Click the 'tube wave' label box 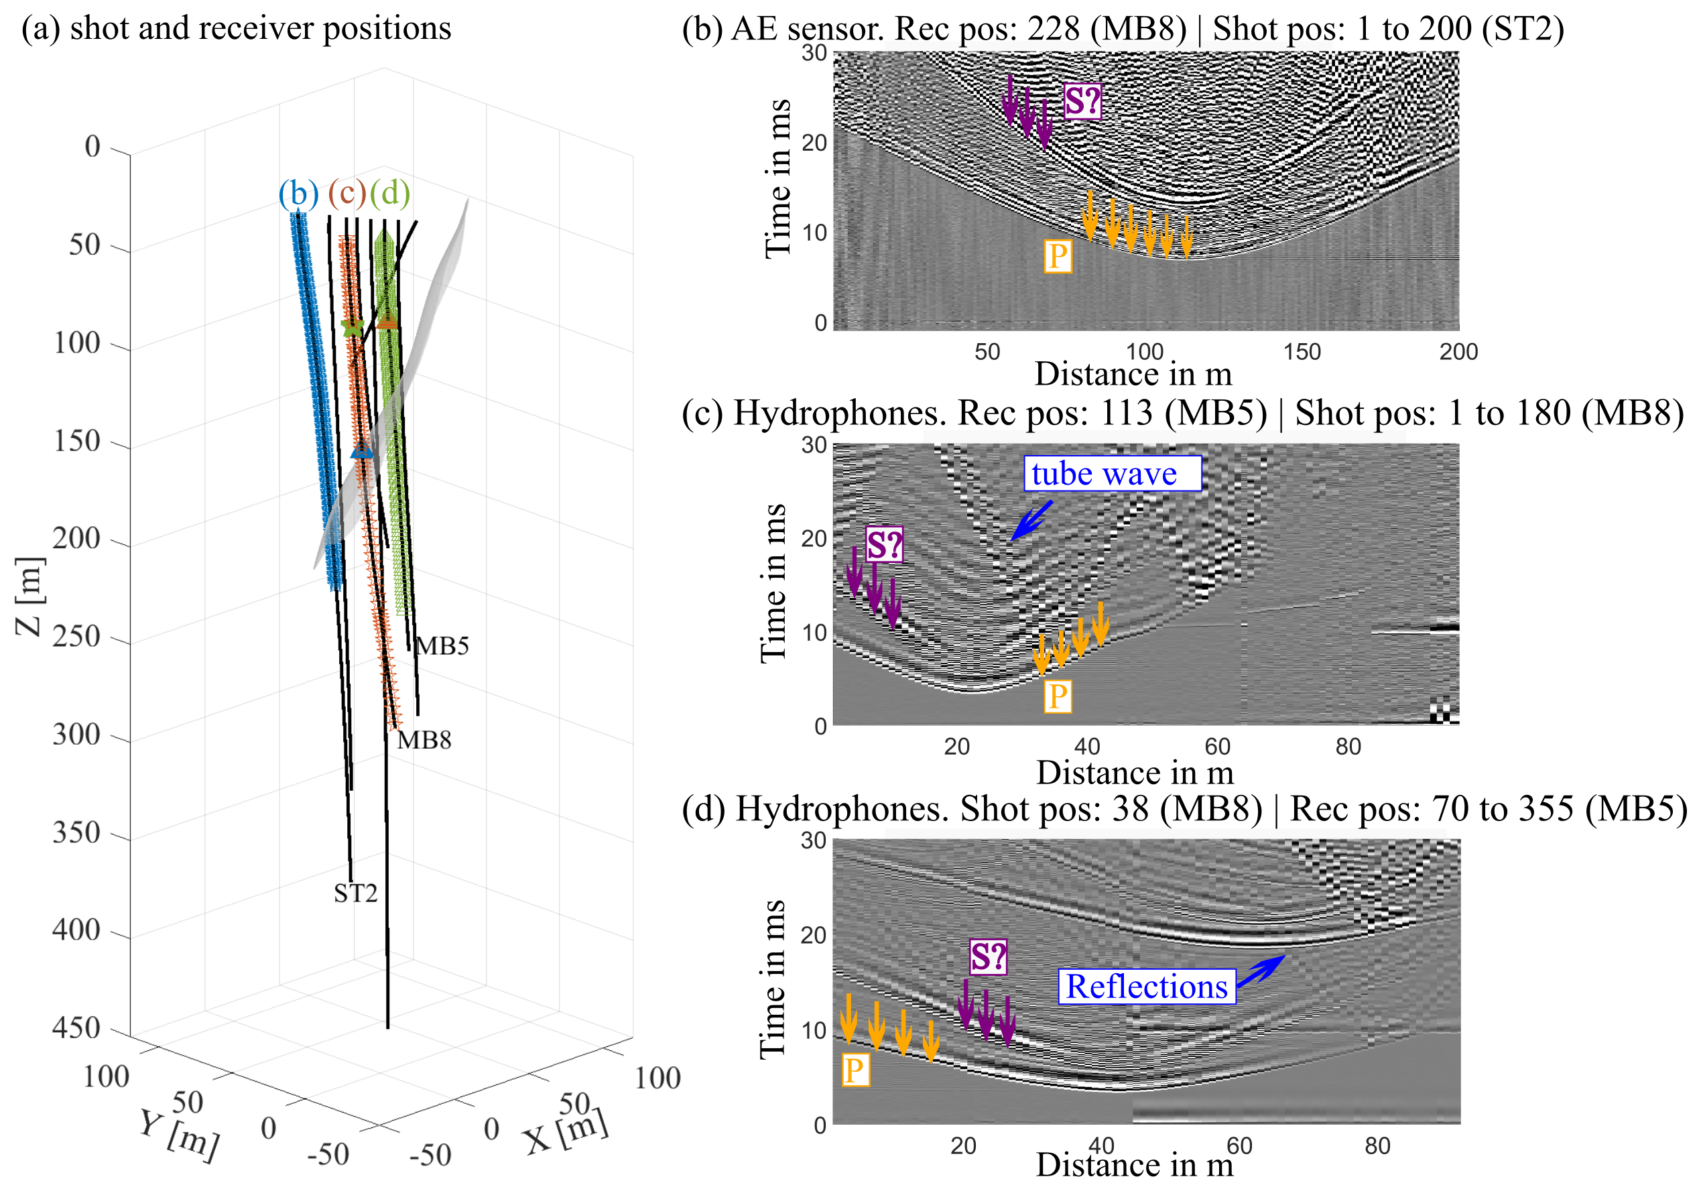coord(1111,473)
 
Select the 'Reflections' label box coord(1146,987)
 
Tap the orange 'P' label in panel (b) coord(1057,256)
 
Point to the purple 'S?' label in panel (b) coord(1082,101)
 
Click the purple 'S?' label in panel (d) coord(989,957)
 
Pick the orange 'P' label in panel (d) coord(855,1070)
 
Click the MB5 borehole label coord(442,646)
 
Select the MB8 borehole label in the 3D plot coord(424,740)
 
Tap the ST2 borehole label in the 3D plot coord(356,894)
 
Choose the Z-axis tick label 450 coord(76,1028)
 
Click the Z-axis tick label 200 coord(76,538)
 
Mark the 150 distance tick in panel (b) coord(1302,352)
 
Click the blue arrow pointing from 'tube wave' coord(1031,521)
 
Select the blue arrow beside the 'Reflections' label coord(1261,971)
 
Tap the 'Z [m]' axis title coord(29,597)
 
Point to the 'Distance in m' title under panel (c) coord(1134,773)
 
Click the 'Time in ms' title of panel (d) coord(773,979)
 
